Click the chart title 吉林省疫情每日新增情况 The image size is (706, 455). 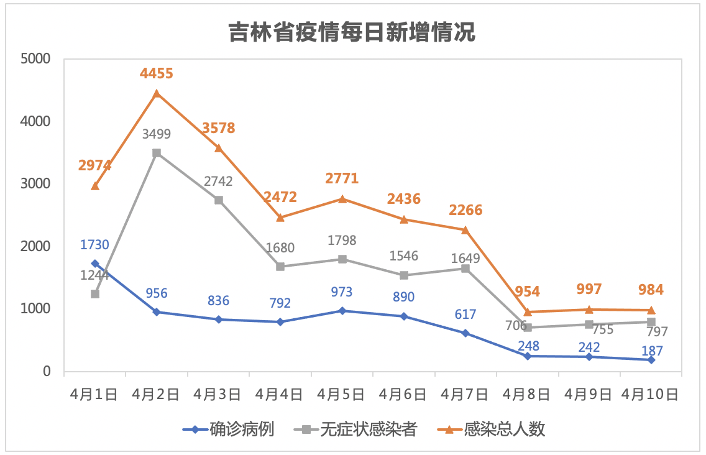coord(352,32)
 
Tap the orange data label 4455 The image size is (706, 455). coord(157,73)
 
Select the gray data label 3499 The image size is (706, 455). coord(157,134)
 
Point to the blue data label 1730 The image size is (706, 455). coord(94,245)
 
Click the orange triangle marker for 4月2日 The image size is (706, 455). coord(157,93)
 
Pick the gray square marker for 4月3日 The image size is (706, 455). coord(219,200)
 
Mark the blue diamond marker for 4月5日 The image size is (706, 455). coord(342,311)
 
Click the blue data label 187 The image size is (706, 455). coord(651,351)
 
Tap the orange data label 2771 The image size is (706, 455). coord(342,179)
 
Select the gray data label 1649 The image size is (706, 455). coord(465,258)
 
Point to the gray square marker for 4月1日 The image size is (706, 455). coord(95,294)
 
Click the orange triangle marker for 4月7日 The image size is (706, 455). coord(465,230)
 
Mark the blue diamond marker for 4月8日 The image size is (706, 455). coord(528,356)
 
